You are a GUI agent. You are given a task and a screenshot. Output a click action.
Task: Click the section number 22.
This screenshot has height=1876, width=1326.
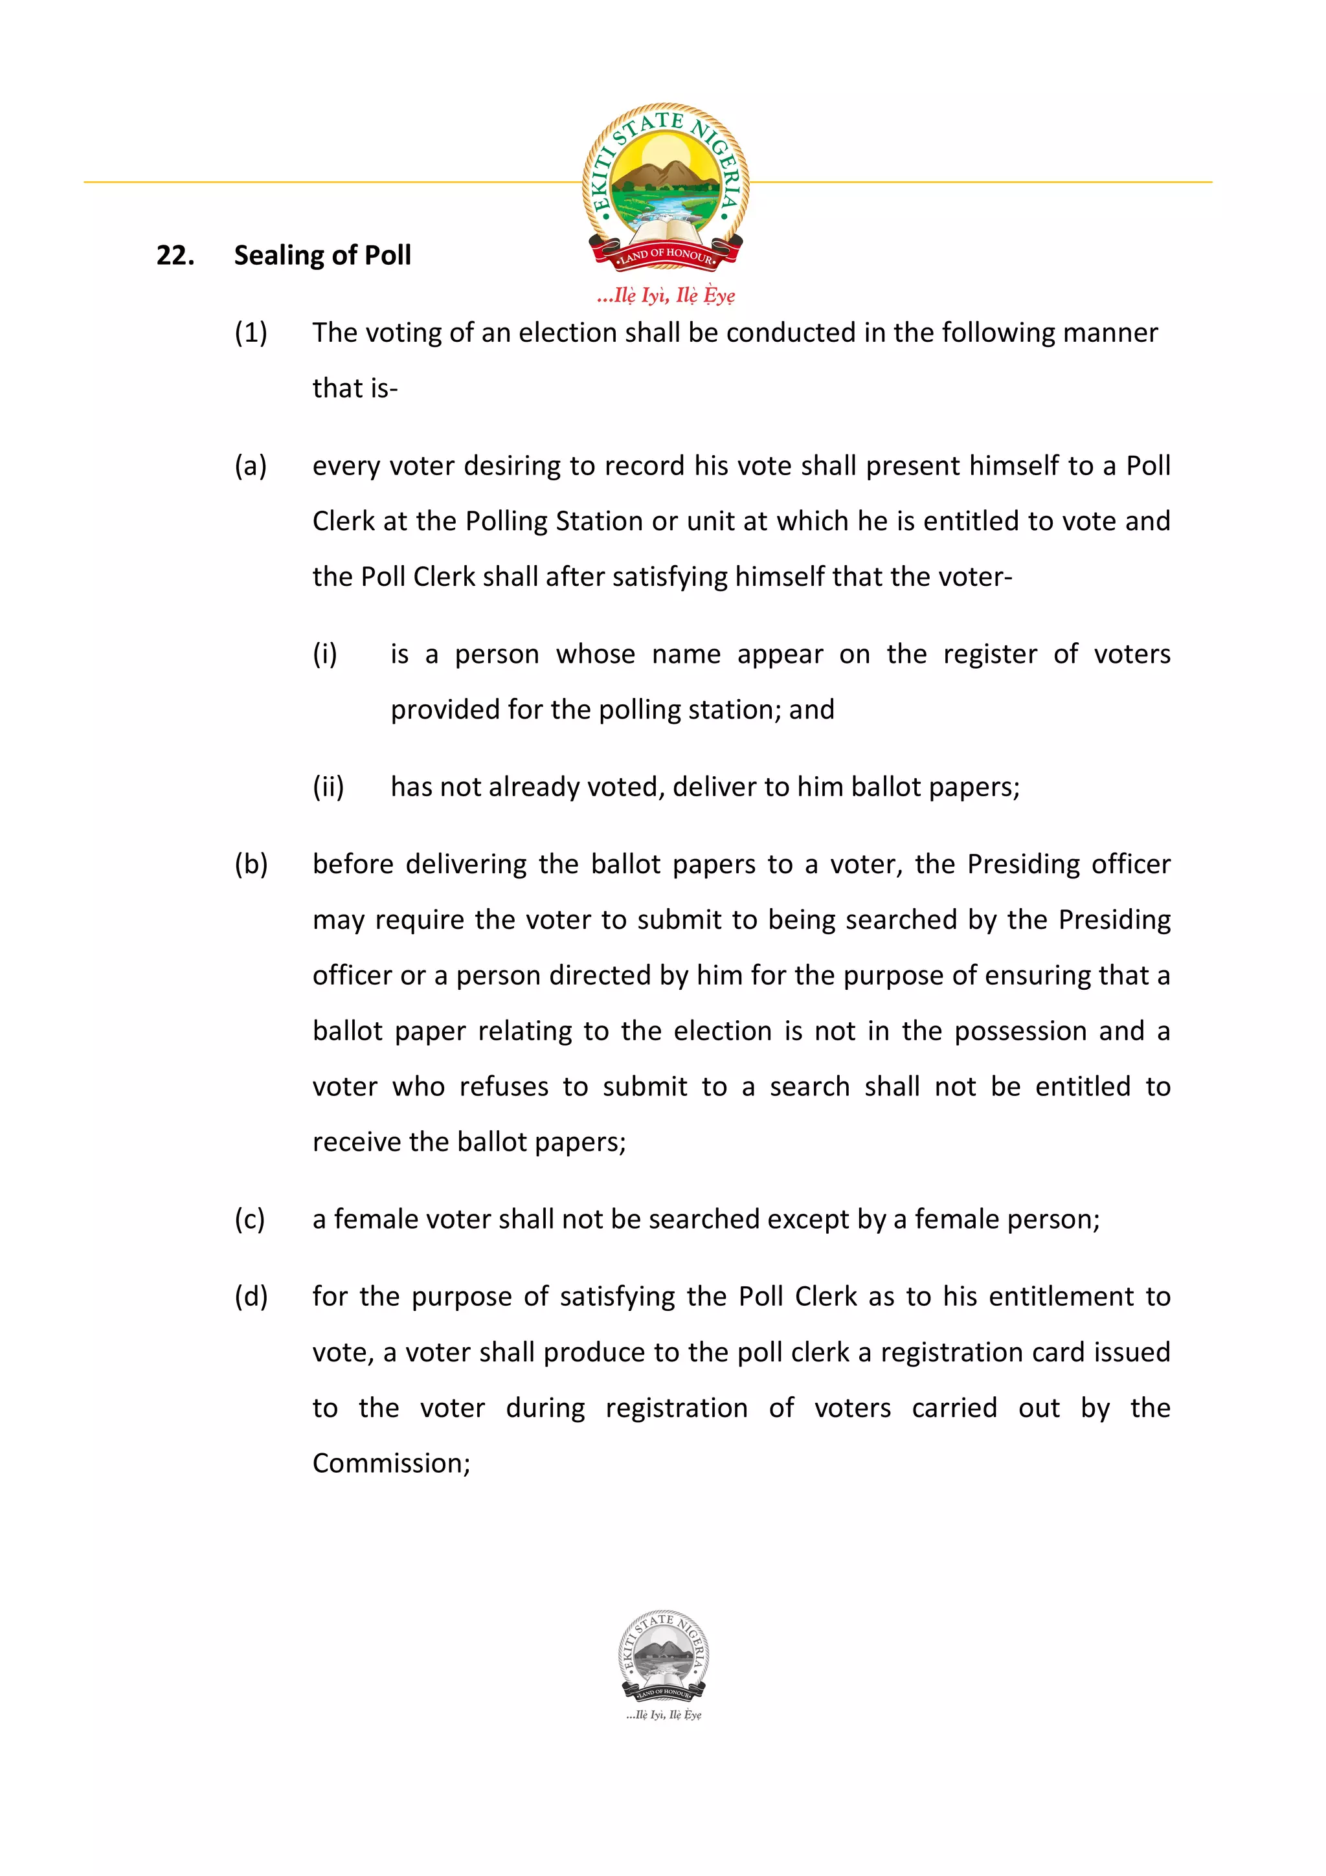click(175, 255)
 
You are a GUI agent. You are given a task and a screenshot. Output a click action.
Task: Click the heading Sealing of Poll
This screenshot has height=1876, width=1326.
click(322, 255)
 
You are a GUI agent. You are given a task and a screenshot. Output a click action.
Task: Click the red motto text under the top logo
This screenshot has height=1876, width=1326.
click(665, 295)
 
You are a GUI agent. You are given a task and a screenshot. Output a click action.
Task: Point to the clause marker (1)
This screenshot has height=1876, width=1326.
click(251, 333)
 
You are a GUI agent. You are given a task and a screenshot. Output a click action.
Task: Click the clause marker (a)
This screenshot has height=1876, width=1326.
click(251, 465)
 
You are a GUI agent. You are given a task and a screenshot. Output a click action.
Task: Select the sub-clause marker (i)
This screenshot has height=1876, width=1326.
click(325, 654)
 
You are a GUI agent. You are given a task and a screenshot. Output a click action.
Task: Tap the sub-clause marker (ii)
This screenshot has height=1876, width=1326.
click(328, 786)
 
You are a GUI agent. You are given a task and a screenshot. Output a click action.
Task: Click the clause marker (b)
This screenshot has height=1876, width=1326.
click(251, 864)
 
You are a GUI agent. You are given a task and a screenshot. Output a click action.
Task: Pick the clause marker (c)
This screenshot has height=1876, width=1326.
click(250, 1219)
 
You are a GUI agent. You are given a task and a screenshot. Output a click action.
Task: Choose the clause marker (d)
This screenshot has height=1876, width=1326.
click(251, 1297)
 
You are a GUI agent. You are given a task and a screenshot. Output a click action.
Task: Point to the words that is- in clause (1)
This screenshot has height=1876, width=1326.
click(355, 388)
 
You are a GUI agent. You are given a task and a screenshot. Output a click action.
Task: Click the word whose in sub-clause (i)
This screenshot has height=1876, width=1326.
click(596, 654)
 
